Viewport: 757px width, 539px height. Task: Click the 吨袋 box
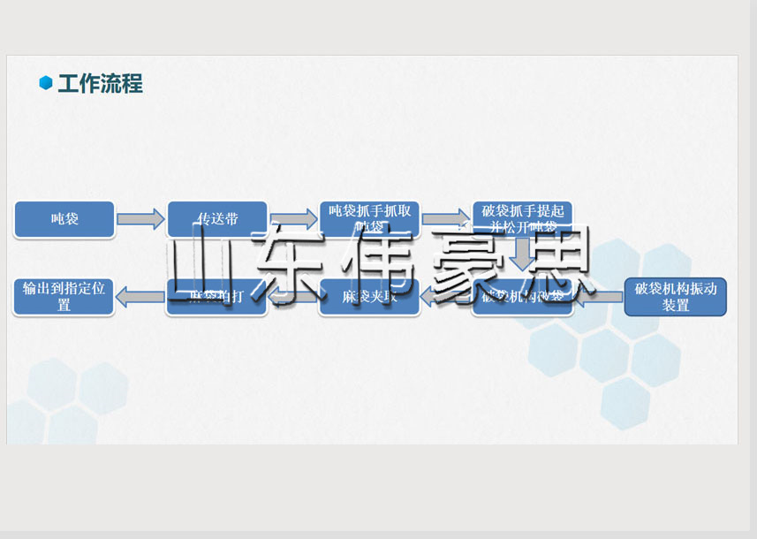tap(64, 219)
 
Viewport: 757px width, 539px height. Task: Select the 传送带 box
tap(217, 219)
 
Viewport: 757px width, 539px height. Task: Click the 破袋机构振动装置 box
tap(675, 297)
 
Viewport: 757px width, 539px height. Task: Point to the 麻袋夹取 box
tap(369, 298)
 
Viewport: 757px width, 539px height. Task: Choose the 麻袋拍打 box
tap(216, 298)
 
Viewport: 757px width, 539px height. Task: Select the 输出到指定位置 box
tap(64, 297)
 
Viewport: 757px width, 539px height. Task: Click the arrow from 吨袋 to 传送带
tap(140, 219)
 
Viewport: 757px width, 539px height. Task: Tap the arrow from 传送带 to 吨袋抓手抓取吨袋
tap(293, 219)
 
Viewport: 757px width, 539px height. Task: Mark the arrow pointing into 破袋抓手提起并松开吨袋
tap(446, 219)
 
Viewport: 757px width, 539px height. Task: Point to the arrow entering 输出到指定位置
tap(140, 297)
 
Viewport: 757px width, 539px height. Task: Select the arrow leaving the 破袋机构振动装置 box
tap(601, 297)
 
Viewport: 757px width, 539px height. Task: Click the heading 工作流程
tap(100, 84)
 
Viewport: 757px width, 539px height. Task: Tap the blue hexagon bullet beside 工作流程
tap(46, 83)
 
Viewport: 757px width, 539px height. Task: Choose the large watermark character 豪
tap(464, 262)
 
